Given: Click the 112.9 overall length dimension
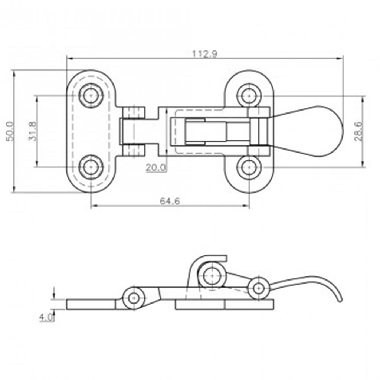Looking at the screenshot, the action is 205,54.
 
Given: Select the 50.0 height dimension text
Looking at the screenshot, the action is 10,131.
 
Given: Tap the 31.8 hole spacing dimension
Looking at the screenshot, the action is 32,131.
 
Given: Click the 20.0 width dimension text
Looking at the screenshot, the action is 156,167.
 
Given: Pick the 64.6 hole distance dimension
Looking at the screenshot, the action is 170,201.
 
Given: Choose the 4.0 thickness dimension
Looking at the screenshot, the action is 46,317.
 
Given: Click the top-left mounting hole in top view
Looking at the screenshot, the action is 91,95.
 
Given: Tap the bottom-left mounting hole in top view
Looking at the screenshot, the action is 91,167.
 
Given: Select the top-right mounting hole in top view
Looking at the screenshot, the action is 249,95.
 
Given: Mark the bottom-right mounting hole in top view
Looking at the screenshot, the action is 249,167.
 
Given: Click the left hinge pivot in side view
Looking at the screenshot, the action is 134,298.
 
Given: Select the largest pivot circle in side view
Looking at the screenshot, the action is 212,276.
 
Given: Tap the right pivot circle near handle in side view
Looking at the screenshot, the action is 259,288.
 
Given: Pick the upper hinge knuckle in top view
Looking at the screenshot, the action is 134,113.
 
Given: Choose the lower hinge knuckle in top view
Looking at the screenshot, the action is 134,150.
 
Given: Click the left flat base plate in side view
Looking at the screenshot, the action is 91,304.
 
